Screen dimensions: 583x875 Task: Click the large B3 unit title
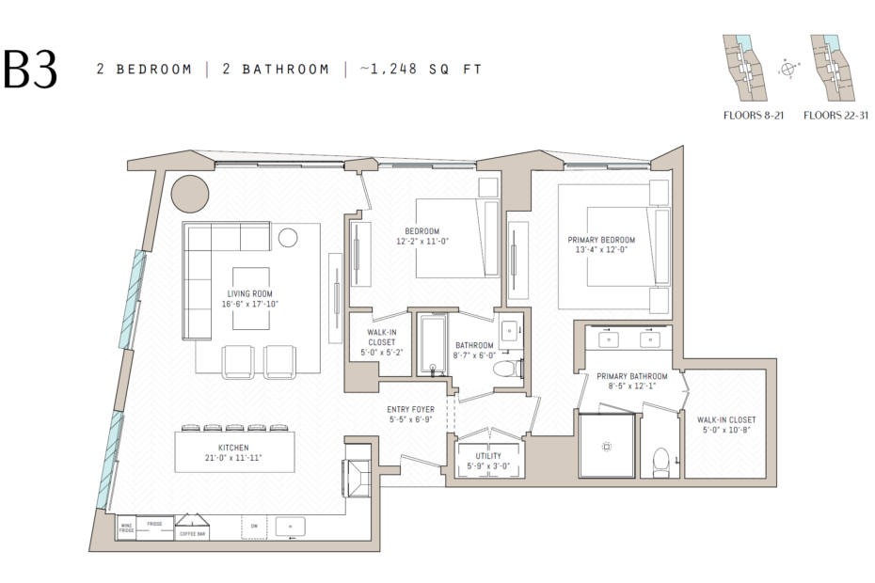[30, 70]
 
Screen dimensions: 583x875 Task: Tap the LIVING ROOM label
[250, 293]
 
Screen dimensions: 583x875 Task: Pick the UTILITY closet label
[487, 456]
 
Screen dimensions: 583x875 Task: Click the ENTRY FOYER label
[410, 409]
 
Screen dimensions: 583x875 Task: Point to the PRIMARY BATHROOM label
[627, 376]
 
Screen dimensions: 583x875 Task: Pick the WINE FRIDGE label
[126, 528]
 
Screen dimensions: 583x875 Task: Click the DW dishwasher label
[253, 525]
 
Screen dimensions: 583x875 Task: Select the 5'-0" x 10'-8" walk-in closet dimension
[726, 430]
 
